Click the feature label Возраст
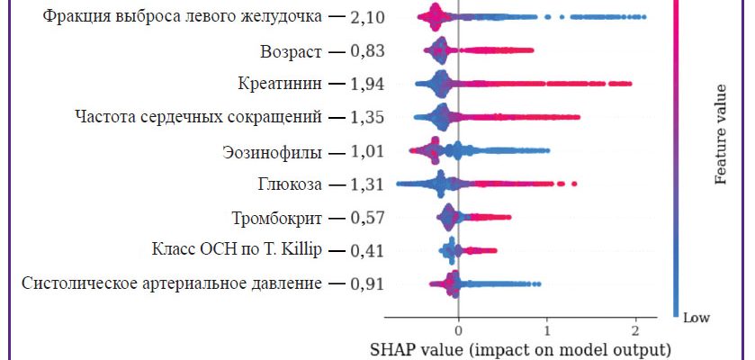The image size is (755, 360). tap(291, 50)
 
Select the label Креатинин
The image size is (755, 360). tap(279, 84)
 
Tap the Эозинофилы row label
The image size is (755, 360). tap(272, 151)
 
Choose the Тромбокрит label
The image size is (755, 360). tap(274, 217)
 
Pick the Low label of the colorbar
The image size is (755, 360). tap(696, 318)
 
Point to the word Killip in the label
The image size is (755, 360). tap(301, 249)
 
